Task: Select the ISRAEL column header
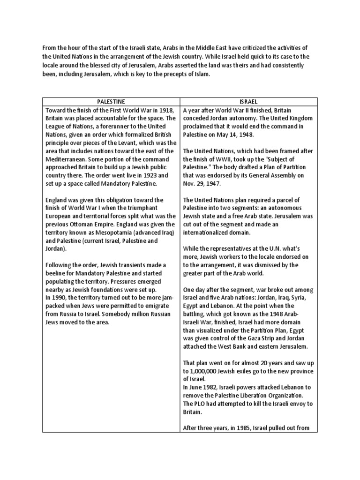point(249,101)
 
